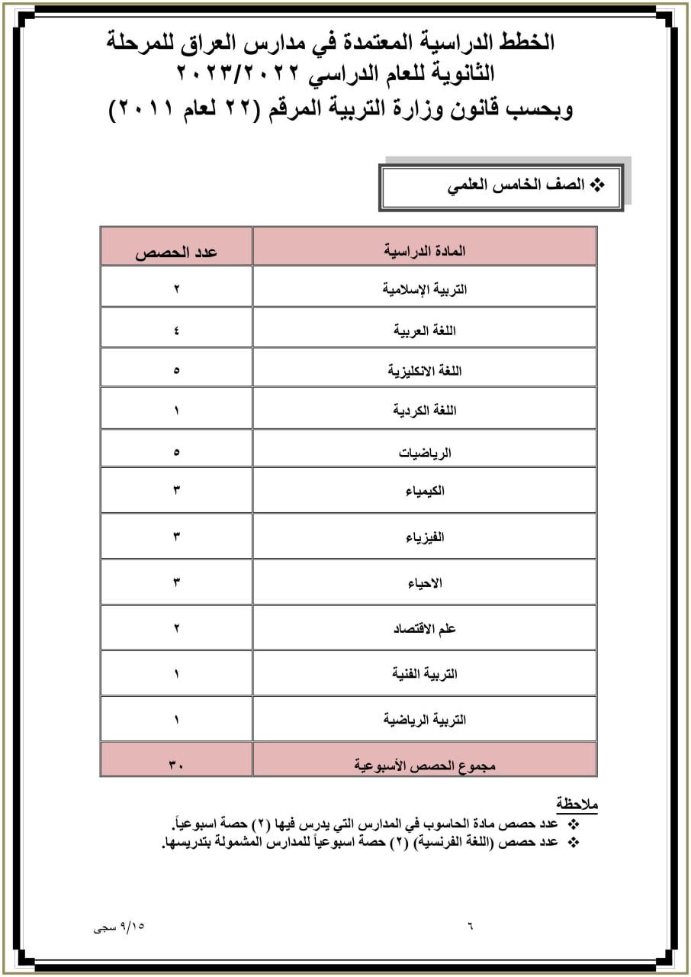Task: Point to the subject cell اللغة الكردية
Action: click(424, 411)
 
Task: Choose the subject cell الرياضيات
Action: click(424, 452)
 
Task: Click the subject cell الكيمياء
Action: click(424, 491)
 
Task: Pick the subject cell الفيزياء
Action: click(424, 537)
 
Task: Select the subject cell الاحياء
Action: click(424, 583)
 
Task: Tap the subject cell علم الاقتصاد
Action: click(424, 628)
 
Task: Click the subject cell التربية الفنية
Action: click(424, 673)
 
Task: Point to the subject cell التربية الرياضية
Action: click(424, 719)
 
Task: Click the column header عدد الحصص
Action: click(176, 251)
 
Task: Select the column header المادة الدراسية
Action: click(424, 250)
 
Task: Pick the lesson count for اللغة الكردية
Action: click(176, 411)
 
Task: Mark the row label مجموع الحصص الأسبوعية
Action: click(424, 764)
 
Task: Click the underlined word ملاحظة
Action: click(577, 804)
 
